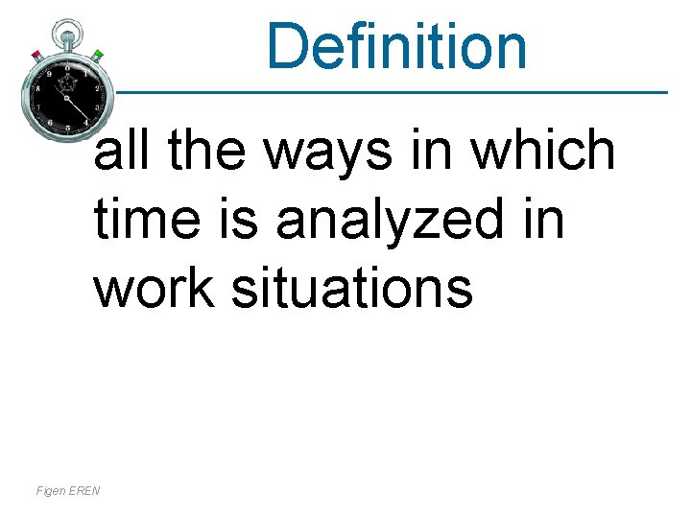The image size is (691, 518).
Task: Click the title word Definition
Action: pyautogui.click(x=396, y=46)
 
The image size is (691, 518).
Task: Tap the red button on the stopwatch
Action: pyautogui.click(x=37, y=54)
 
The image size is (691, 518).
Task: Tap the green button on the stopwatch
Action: pyautogui.click(x=97, y=54)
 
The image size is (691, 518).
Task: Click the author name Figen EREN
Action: pyautogui.click(x=68, y=491)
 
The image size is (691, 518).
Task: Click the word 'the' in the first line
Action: pyautogui.click(x=209, y=151)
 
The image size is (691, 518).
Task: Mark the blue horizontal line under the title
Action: pyautogui.click(x=384, y=93)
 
